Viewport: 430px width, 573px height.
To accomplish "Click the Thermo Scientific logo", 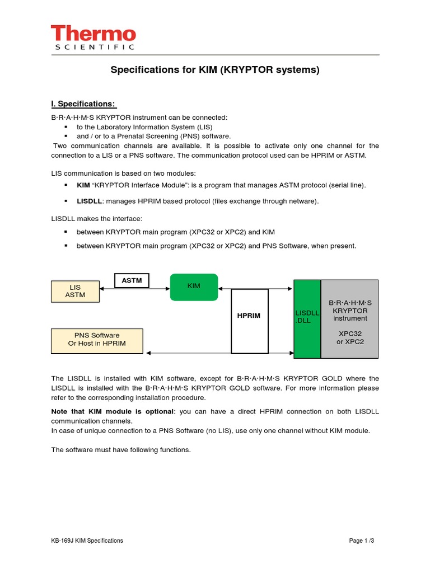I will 93,37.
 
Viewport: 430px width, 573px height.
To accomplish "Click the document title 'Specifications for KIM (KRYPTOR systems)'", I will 214,70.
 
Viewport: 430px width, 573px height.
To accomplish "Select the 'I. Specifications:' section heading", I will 83,104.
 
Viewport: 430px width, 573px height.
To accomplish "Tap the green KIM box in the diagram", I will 194,287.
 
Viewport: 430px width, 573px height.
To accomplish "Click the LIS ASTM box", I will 75,291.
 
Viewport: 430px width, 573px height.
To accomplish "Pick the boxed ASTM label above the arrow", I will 132,280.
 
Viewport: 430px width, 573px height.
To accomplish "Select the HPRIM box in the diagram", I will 249,321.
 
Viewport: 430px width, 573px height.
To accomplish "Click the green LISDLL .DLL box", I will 307,319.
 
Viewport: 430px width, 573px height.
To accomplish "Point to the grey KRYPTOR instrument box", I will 349,319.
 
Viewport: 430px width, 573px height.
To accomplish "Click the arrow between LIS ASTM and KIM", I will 134,289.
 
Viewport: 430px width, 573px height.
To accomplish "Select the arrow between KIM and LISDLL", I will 255,289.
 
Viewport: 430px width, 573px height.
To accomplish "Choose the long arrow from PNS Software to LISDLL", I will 218,353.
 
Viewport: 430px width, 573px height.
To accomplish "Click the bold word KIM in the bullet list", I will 83,185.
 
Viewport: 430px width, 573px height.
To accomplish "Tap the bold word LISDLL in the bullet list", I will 90,201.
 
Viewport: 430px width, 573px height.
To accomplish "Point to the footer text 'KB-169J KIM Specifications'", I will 87,541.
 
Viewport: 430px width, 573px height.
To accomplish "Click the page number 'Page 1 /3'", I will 361,541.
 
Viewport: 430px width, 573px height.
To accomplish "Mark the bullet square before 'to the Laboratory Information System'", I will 66,127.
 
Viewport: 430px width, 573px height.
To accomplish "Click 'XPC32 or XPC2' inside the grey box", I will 350,337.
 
